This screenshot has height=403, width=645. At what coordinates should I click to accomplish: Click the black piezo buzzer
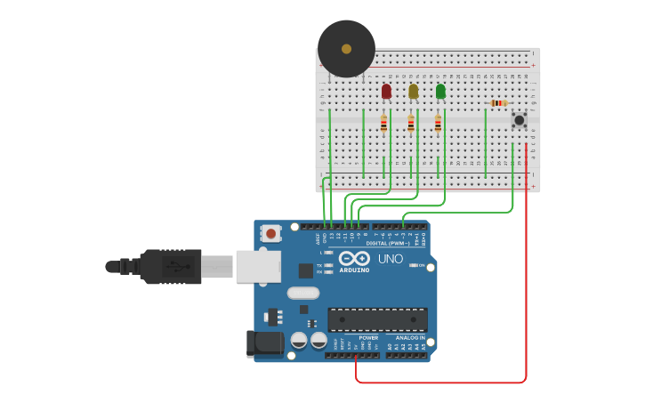point(346,49)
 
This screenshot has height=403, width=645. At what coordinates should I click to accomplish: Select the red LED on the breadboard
point(386,91)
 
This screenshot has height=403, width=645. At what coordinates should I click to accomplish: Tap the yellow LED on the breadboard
point(413,91)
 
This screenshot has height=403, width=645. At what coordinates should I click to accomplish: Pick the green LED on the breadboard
point(440,91)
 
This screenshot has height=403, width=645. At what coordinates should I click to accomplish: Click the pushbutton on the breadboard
point(519,119)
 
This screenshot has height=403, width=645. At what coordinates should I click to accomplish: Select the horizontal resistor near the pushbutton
point(499,103)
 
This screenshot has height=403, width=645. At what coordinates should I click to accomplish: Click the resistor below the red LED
point(383,124)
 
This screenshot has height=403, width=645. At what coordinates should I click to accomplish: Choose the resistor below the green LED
point(438,124)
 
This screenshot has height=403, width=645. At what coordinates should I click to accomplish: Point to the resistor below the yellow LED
point(411,124)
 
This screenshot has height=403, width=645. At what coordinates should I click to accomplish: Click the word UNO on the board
point(391,259)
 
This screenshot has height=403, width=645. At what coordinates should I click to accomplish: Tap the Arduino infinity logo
point(353,258)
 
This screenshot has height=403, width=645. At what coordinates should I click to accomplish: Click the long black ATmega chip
point(377,319)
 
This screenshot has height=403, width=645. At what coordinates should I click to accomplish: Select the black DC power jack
point(263,344)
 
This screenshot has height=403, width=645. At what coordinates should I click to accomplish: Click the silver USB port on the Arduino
point(258,266)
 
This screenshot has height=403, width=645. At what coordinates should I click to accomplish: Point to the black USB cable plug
point(169,266)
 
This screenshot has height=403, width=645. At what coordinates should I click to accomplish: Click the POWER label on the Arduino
point(368,338)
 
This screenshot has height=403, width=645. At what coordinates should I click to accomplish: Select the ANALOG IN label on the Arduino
point(410,338)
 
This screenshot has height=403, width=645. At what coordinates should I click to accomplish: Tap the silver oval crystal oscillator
point(302,293)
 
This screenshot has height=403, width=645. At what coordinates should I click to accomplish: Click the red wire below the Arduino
point(445,383)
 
